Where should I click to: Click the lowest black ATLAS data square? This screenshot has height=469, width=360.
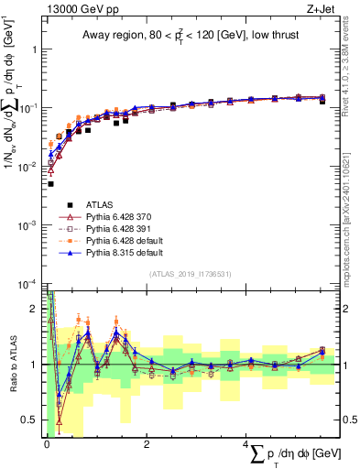point(50,184)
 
